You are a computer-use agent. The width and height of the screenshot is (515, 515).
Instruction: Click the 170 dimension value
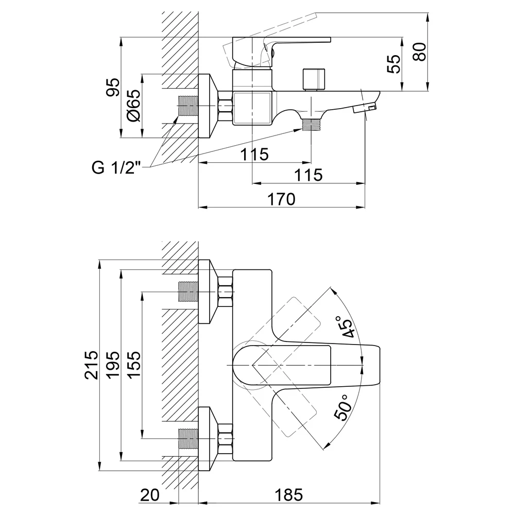pos(282,199)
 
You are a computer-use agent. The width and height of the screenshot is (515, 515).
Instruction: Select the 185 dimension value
pos(289,495)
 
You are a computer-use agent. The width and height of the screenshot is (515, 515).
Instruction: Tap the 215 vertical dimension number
pos(91,365)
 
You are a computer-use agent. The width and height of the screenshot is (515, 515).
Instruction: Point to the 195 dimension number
pos(113,365)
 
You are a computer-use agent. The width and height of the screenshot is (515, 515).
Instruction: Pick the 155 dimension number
pos(134,365)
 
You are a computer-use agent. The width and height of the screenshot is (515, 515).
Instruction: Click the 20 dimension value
pos(150,495)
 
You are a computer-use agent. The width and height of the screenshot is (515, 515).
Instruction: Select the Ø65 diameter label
pos(134,106)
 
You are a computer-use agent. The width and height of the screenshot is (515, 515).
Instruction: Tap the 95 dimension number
pos(113,87)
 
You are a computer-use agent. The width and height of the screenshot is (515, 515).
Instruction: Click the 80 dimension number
pos(420,51)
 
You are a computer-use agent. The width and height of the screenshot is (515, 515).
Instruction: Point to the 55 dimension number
pos(394,64)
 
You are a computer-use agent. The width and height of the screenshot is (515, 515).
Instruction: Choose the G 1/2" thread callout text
pos(116,168)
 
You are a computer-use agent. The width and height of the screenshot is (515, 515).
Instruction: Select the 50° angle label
pos(342,408)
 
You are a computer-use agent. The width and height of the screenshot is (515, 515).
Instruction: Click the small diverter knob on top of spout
pos(314,79)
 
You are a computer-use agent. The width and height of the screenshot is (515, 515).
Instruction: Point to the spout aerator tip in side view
pos(364,108)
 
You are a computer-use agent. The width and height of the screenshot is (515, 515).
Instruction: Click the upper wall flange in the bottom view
pos(208,291)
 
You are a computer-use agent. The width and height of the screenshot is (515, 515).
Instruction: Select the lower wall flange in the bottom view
pos(208,439)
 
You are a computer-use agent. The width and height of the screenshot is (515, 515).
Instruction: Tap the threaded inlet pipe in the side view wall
pos(188,106)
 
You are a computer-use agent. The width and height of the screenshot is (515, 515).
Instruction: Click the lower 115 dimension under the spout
pos(308,175)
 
